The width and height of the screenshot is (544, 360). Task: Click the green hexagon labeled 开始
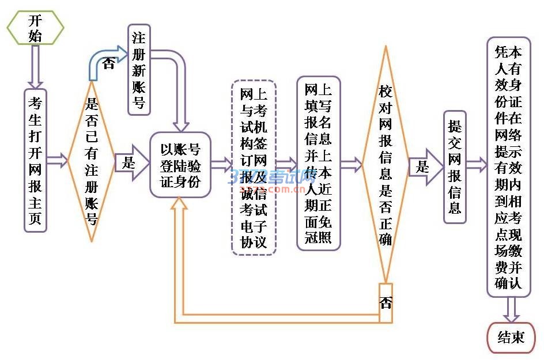(35, 28)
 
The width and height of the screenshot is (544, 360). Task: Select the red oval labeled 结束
(511, 337)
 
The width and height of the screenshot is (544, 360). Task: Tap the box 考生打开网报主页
(35, 160)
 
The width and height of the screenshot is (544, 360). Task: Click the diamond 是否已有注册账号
(92, 161)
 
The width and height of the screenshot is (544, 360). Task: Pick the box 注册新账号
(139, 70)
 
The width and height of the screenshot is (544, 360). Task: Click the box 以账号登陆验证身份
(180, 165)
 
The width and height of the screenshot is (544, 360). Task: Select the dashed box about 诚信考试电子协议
(254, 168)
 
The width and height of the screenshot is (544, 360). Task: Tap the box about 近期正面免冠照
(319, 164)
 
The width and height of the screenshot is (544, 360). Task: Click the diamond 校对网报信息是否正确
(385, 164)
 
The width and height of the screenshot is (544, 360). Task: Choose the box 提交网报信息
(455, 167)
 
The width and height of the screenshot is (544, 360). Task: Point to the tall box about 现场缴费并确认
(508, 167)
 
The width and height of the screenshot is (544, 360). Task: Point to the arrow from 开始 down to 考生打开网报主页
(35, 66)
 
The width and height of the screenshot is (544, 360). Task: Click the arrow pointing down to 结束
(511, 309)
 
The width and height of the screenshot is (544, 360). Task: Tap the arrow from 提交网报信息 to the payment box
(476, 165)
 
